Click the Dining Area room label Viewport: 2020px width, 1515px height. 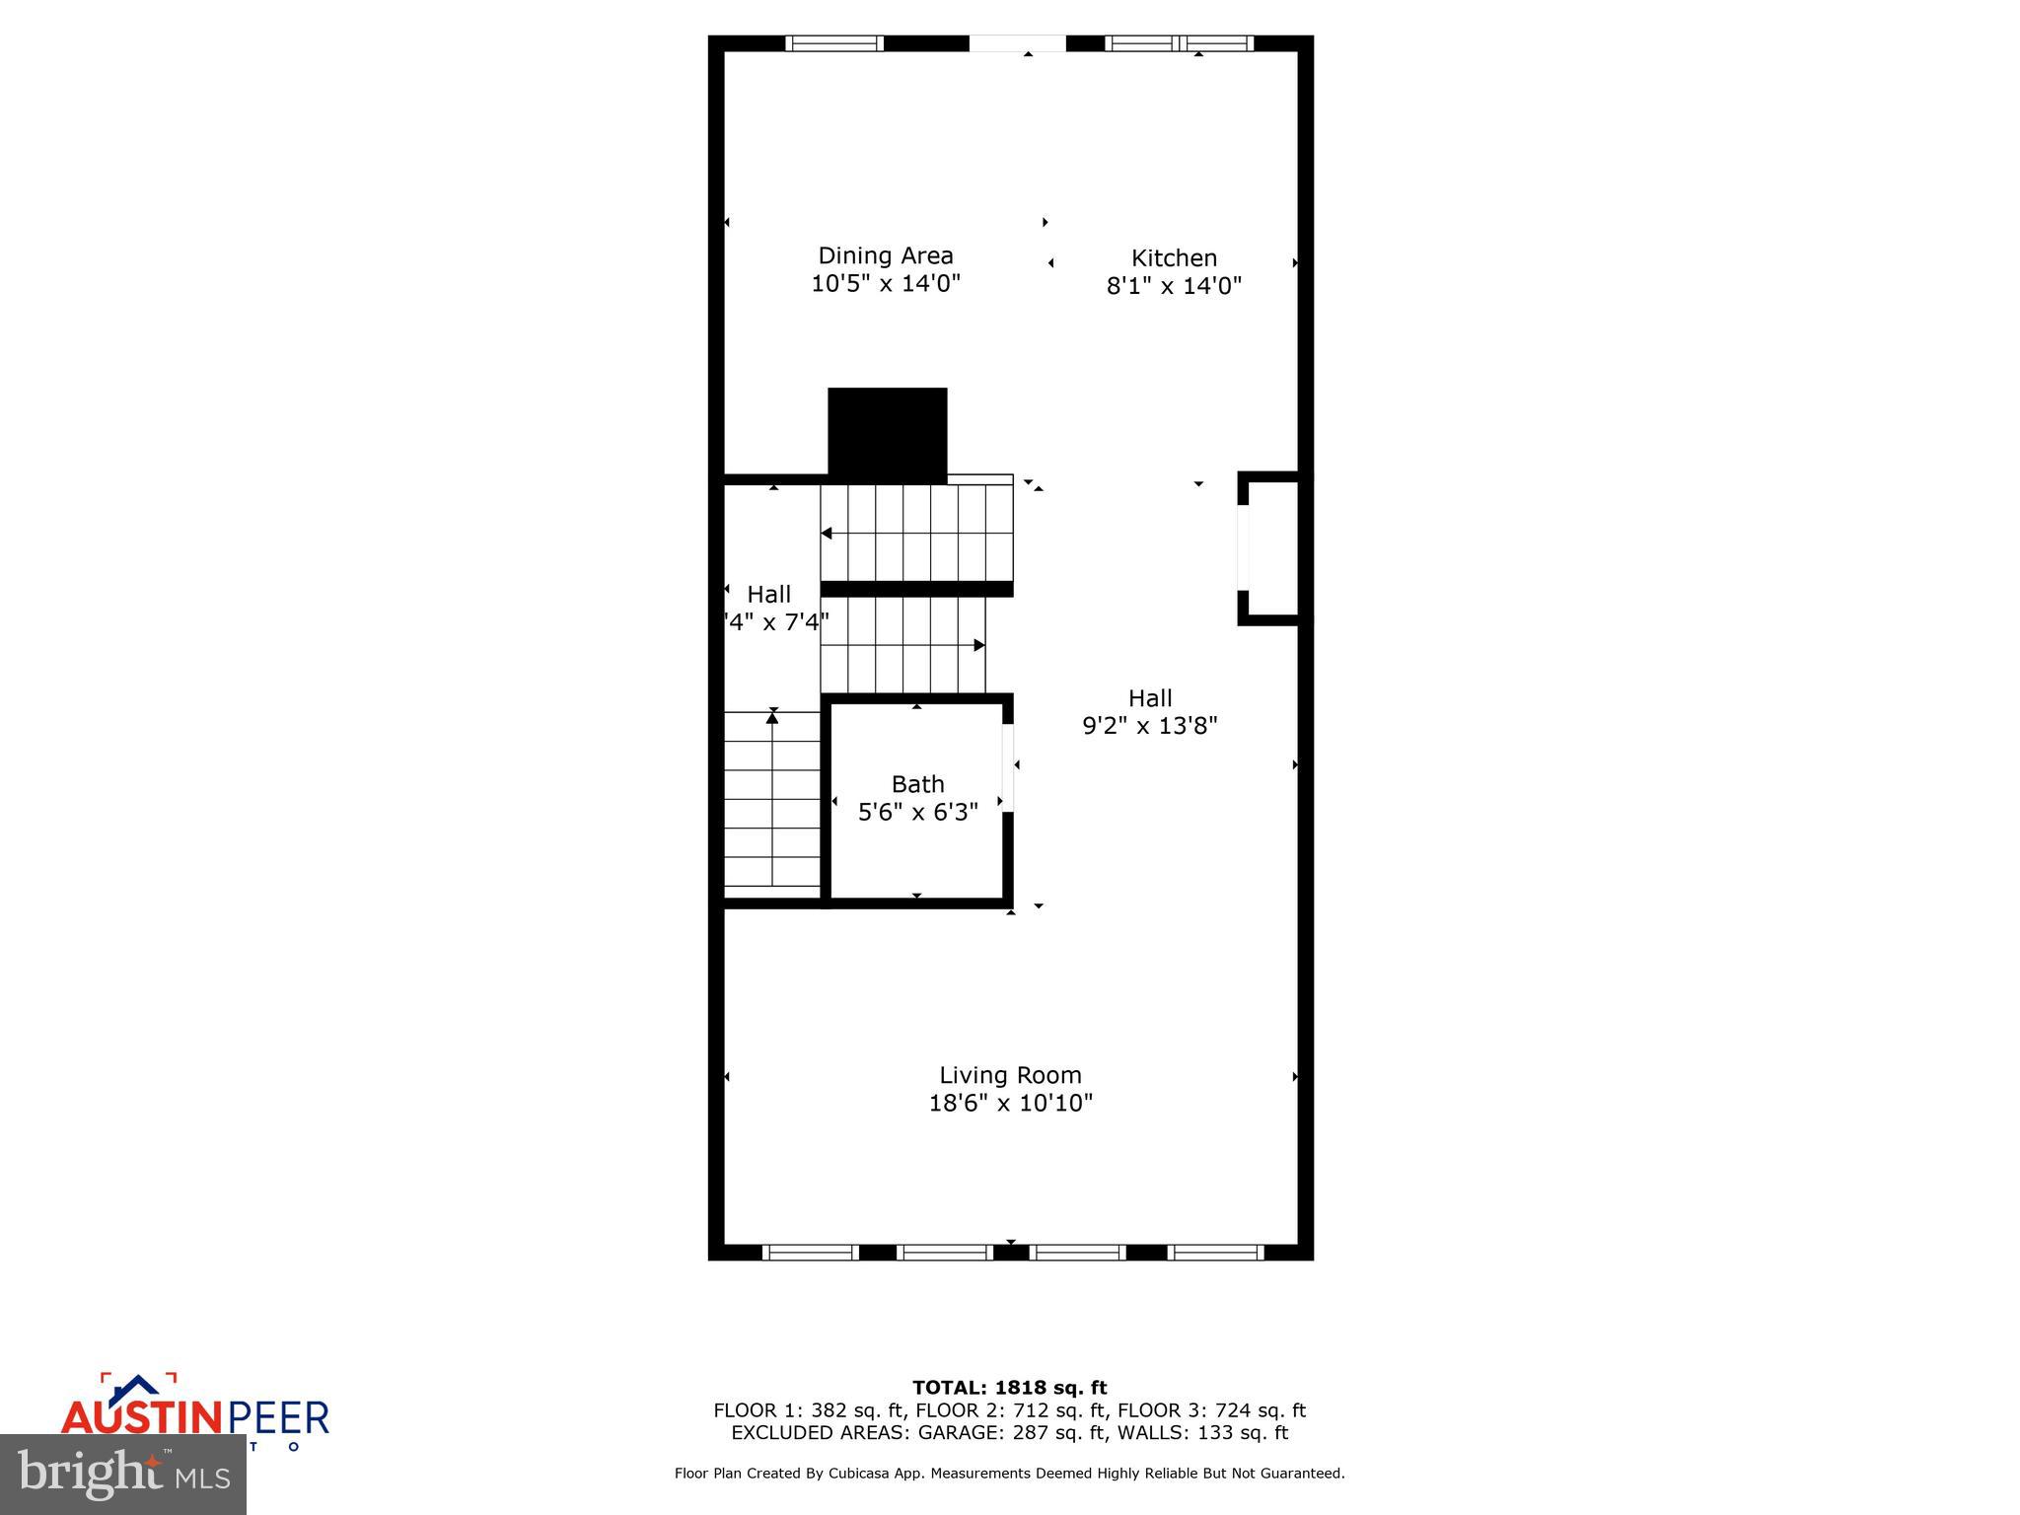click(885, 255)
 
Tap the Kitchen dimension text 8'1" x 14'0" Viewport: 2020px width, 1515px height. click(1173, 286)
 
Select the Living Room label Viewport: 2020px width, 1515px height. click(1010, 1075)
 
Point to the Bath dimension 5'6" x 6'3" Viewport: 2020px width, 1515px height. click(917, 812)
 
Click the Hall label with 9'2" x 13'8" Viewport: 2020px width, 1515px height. click(1149, 698)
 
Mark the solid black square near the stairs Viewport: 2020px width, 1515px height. click(887, 433)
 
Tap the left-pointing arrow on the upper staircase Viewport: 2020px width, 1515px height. click(827, 534)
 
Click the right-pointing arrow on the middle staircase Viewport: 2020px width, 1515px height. click(978, 645)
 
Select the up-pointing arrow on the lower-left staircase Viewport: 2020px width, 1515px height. click(772, 718)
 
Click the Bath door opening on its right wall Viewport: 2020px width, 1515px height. click(1008, 767)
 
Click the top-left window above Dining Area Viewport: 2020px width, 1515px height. click(834, 43)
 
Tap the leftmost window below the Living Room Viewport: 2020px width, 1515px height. click(810, 1253)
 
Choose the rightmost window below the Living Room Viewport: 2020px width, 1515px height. click(1215, 1253)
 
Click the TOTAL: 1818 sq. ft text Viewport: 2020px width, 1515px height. click(1009, 1388)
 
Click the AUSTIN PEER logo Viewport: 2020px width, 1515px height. click(194, 1416)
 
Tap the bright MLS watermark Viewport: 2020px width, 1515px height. click(123, 1475)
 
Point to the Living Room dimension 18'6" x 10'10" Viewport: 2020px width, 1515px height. click(1010, 1103)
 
